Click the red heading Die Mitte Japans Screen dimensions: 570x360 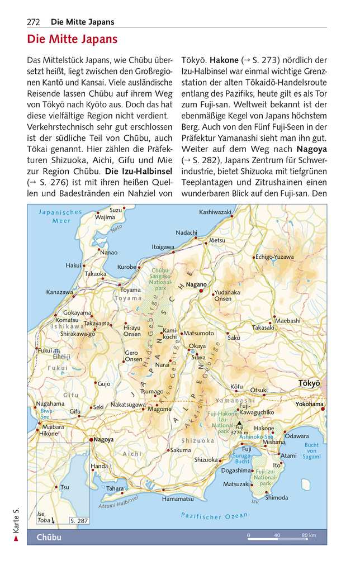click(x=72, y=39)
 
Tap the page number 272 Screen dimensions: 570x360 click(x=34, y=22)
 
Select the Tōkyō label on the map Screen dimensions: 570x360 click(x=309, y=383)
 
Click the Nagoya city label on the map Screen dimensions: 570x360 click(x=103, y=440)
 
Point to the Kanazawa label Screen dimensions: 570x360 click(x=59, y=292)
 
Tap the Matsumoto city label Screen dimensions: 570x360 click(x=198, y=334)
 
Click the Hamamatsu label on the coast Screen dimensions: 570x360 click(x=178, y=498)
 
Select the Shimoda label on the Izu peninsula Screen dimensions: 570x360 click(x=276, y=497)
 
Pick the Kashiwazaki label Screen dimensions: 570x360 click(x=215, y=212)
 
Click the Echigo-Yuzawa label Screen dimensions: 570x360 click(x=274, y=257)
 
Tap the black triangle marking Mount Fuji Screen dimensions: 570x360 click(x=239, y=424)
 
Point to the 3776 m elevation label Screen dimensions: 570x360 click(x=239, y=432)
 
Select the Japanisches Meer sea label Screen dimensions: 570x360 click(x=61, y=216)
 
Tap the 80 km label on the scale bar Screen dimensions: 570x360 click(x=309, y=536)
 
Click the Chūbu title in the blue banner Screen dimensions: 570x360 click(x=49, y=538)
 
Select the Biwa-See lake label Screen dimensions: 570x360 click(x=45, y=414)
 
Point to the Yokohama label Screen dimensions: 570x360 click(x=309, y=404)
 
